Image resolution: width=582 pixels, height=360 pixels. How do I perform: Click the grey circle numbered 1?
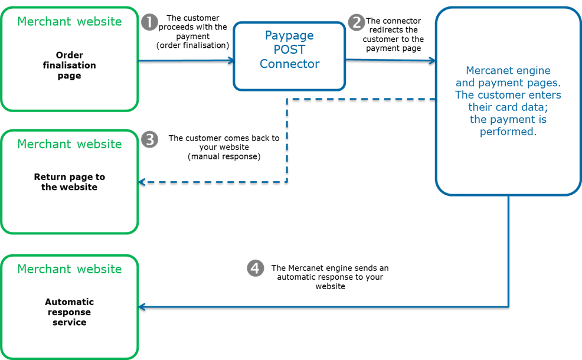(150, 22)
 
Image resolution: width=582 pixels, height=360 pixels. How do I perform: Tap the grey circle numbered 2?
(357, 22)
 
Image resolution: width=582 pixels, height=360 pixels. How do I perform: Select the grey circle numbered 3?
(150, 140)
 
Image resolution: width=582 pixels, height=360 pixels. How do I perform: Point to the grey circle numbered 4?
(255, 269)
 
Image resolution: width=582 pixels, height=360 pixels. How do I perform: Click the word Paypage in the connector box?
(289, 35)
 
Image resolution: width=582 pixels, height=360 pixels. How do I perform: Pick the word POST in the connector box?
(289, 50)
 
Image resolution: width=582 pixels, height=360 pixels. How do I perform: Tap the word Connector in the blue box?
(289, 64)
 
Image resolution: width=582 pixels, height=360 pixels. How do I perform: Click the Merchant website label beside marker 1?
(70, 22)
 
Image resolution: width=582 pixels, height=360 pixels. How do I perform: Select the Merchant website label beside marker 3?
(70, 144)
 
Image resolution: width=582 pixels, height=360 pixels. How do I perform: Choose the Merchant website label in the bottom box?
(70, 269)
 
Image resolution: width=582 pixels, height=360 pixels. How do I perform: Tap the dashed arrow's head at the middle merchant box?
(142, 182)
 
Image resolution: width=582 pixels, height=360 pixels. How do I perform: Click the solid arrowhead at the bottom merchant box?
(142, 307)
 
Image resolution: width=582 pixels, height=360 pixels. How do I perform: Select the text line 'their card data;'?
(508, 107)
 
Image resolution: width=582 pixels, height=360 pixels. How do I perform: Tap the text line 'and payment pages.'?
(508, 83)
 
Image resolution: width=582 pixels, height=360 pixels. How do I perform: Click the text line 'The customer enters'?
(508, 95)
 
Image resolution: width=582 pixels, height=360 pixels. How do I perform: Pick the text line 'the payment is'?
(508, 120)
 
